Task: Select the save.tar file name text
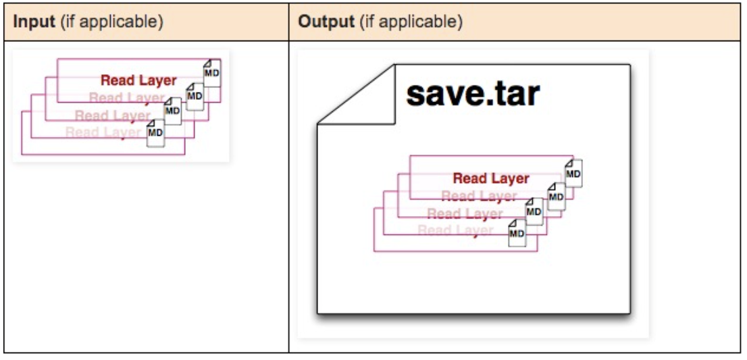coord(472,95)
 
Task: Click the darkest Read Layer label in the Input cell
coord(138,80)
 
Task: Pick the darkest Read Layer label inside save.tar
coord(491,178)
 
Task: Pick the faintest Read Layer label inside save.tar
coord(457,231)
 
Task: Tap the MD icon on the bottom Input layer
coord(156,132)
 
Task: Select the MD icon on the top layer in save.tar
coord(573,173)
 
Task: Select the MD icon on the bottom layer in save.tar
coord(517,233)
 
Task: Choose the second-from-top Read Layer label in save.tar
coord(479,197)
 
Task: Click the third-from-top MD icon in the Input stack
coord(173,111)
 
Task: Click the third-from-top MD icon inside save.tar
coord(534,211)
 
